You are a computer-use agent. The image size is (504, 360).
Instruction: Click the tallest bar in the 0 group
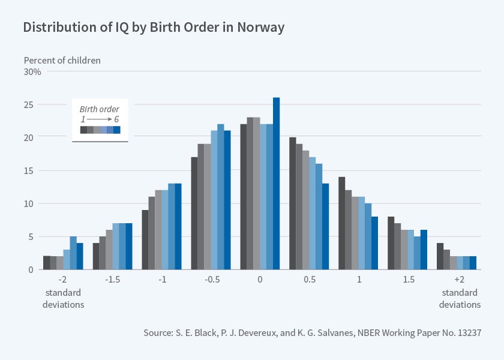coord(276,184)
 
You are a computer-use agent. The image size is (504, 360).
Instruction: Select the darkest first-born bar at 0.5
coord(293,203)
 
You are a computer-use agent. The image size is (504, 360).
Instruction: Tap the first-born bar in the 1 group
coord(342,223)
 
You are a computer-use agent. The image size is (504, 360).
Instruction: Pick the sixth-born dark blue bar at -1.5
coord(128,247)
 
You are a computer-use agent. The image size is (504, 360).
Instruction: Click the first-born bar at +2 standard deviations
coord(440,256)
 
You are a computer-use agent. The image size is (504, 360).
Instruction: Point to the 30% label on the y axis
coord(32,72)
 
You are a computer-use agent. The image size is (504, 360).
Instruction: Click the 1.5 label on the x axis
coord(407,280)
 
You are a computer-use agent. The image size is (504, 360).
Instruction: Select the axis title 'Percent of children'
coord(62,60)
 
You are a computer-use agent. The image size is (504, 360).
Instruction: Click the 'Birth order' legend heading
coord(100,109)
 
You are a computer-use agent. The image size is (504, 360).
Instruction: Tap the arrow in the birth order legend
coord(100,119)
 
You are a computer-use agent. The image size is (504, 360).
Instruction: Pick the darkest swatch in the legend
coord(84,130)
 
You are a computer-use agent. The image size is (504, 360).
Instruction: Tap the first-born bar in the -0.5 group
coord(194,213)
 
